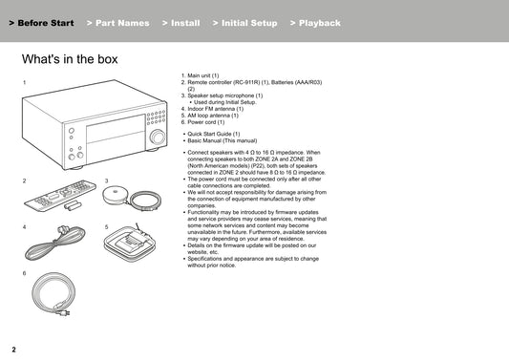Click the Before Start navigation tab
[x=42, y=23]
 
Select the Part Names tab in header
[x=118, y=23]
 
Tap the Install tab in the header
[x=181, y=23]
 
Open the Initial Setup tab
[x=245, y=23]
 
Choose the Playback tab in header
[x=315, y=23]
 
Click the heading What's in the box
[x=70, y=59]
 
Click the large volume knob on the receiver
[x=158, y=137]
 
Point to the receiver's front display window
[x=116, y=130]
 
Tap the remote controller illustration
[x=60, y=195]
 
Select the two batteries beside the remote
[x=72, y=205]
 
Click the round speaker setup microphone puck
[x=115, y=195]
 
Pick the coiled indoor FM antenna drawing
[x=54, y=243]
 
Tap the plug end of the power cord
[x=64, y=312]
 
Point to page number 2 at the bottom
[x=13, y=349]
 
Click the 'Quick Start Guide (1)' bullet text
[x=214, y=134]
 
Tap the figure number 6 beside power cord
[x=24, y=273]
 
